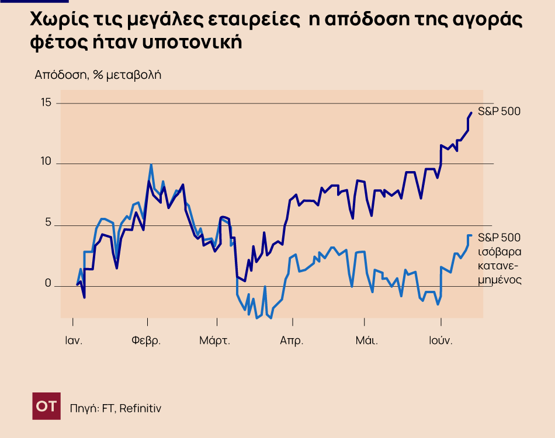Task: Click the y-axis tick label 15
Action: click(x=46, y=103)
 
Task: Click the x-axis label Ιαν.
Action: click(x=73, y=340)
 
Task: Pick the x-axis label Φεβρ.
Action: click(x=146, y=340)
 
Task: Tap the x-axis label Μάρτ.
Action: click(x=214, y=340)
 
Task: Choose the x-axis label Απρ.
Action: click(x=292, y=340)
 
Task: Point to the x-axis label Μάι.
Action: click(x=367, y=340)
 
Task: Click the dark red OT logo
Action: click(x=46, y=406)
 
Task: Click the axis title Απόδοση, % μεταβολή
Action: click(x=98, y=75)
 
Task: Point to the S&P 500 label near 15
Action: click(x=499, y=112)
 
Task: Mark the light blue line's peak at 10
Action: click(x=151, y=165)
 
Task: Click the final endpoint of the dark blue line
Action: click(x=471, y=113)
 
